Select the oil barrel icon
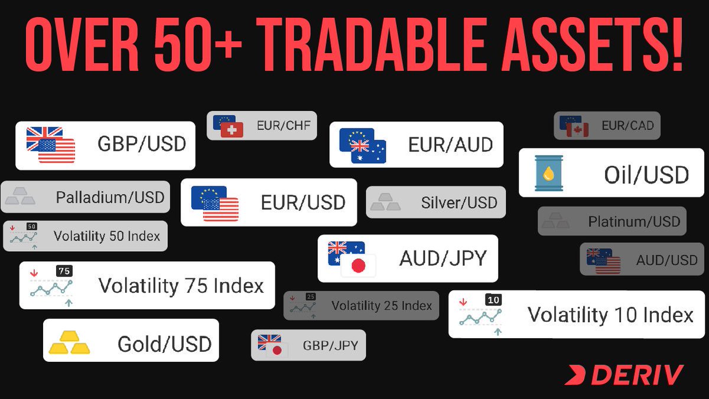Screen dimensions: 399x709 coord(548,173)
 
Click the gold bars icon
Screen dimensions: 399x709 coord(69,343)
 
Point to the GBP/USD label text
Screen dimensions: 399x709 coord(142,144)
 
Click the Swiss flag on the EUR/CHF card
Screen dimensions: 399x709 coord(232,130)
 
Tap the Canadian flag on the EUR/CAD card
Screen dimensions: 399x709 coord(577,130)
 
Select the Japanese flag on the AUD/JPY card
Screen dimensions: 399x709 coord(358,267)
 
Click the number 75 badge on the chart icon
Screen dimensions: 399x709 coord(64,271)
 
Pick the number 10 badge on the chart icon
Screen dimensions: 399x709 coord(493,300)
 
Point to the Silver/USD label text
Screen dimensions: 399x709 coord(459,203)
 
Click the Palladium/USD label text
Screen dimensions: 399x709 coord(110,197)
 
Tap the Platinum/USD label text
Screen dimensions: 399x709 coord(634,222)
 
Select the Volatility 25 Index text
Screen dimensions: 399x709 coord(382,306)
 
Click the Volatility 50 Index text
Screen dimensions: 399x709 coord(107,236)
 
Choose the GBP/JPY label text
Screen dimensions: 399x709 coord(330,345)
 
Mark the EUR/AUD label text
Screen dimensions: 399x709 coord(451,145)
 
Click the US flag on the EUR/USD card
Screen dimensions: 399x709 coord(221,209)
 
